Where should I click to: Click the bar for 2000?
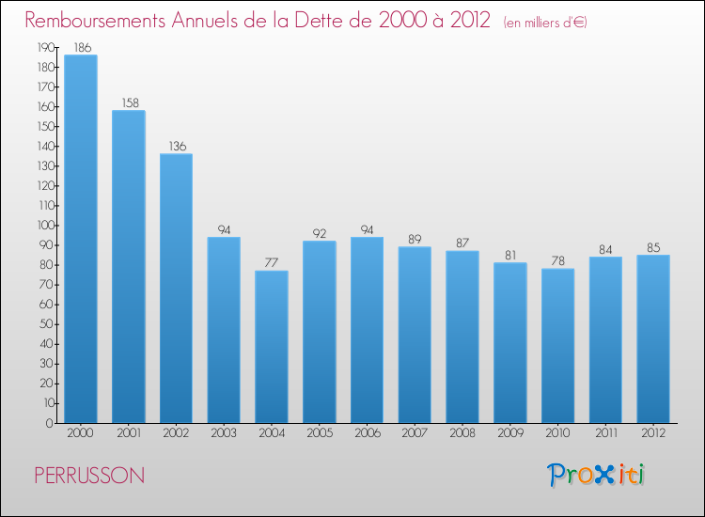coord(81,239)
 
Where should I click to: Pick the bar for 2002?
coord(176,289)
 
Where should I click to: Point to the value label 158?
coord(128,102)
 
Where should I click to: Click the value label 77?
coord(272,262)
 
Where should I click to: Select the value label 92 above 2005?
coord(320,233)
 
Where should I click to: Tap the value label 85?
coord(653,247)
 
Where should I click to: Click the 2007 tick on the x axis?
coord(415,433)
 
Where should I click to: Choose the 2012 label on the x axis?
coord(653,433)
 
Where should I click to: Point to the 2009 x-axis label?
coord(510,433)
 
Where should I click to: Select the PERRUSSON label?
coord(89,476)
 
